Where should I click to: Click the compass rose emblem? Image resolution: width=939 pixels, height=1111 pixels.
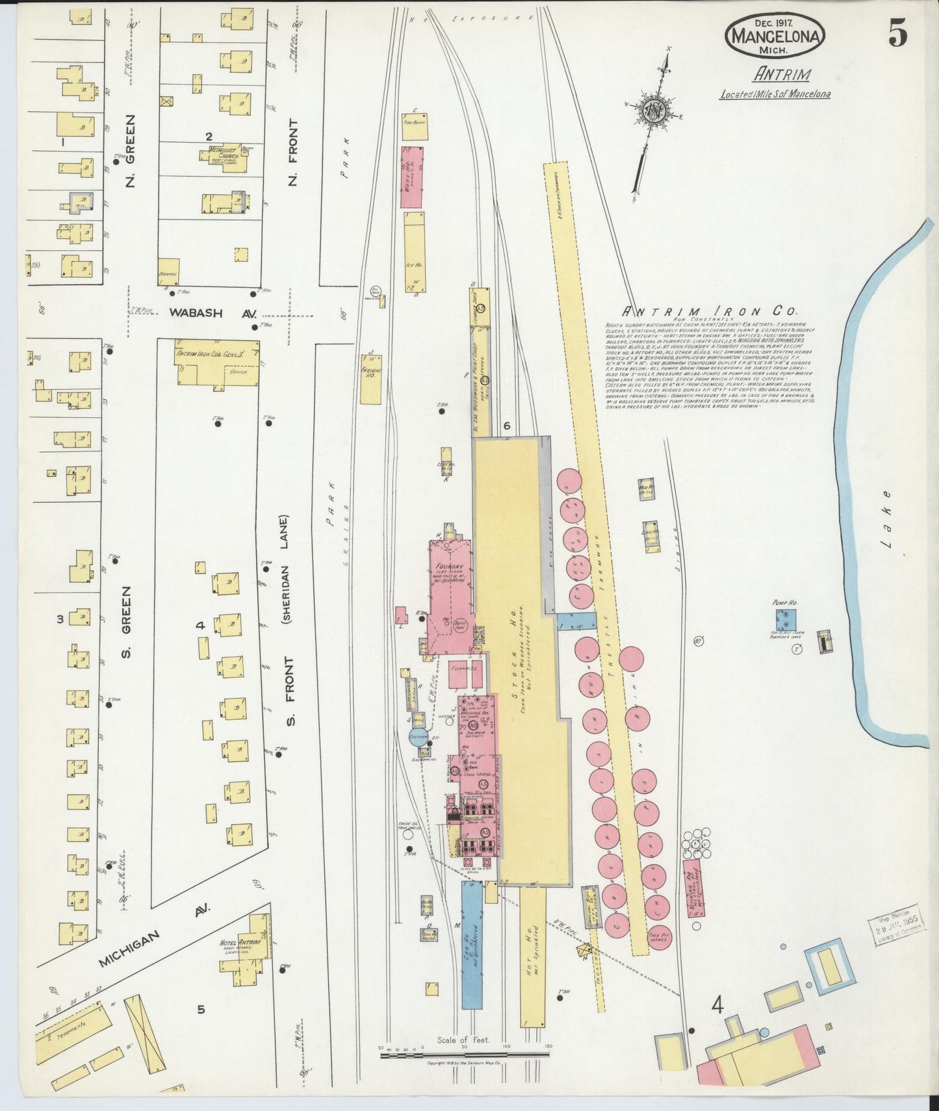650,111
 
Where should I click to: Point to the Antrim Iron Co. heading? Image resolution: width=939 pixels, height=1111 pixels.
711,311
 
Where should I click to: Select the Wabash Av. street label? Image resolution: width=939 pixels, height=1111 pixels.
196,313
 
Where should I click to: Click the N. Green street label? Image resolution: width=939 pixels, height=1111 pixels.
130,151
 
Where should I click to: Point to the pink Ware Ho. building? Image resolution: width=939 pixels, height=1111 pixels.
411,177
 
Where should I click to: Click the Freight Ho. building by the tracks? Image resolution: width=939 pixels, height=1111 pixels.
371,379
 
